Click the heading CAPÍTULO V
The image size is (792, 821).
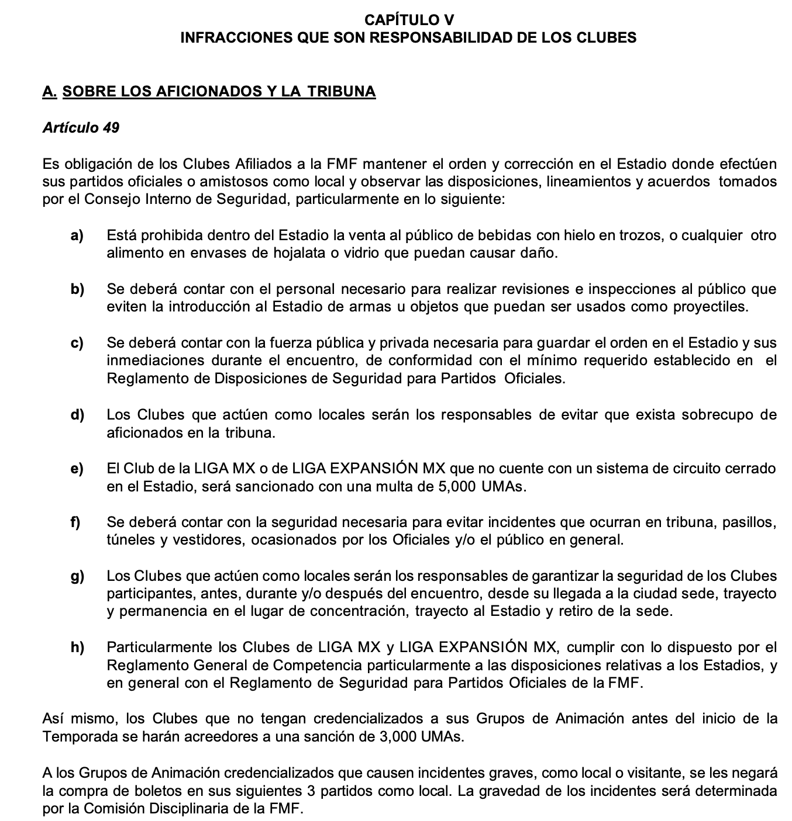coord(409,20)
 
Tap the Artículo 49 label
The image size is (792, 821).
coord(81,127)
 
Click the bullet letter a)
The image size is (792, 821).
coord(77,235)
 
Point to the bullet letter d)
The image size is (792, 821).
coord(77,415)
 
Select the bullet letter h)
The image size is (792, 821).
coord(77,647)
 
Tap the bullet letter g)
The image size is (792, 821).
coord(77,576)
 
